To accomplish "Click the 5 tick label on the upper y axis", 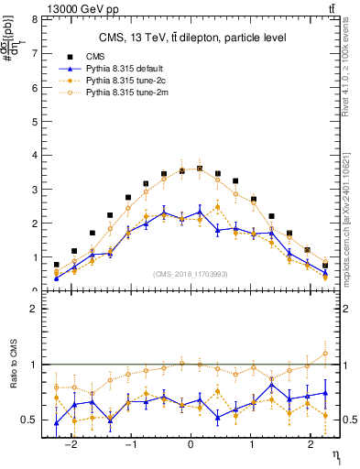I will coord(34,121).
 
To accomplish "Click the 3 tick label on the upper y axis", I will coord(34,189).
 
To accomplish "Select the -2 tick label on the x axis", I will coord(72,440).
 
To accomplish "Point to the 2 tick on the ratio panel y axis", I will coord(34,309).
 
